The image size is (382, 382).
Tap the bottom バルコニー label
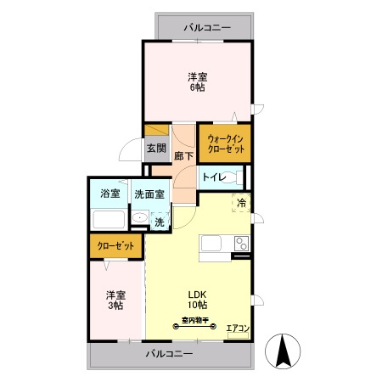coord(169,353)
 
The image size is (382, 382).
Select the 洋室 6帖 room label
coord(198,81)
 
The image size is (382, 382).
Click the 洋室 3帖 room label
coord(116,301)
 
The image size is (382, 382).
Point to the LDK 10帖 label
coord(197,300)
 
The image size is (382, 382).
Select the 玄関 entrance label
coord(155,149)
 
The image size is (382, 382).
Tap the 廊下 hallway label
coord(184,156)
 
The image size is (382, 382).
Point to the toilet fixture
coord(240,177)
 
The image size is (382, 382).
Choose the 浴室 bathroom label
coord(110,194)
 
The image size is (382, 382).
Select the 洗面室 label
coord(149,194)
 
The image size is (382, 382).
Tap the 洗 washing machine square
coord(159,222)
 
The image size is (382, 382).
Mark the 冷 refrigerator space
coord(241,204)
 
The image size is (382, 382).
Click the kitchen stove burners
coord(242,245)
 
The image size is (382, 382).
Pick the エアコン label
coord(237,327)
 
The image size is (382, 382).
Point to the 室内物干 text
coord(196,321)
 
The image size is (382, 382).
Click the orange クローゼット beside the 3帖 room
coord(115,246)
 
